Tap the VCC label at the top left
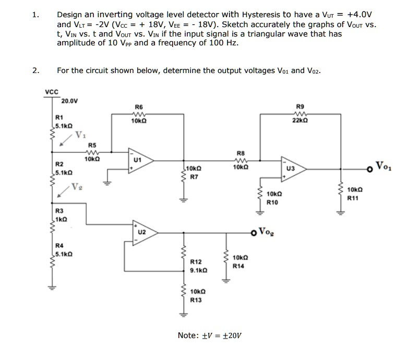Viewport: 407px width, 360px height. point(51,92)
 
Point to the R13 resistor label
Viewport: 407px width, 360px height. point(196,300)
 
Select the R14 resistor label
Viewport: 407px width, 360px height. point(238,266)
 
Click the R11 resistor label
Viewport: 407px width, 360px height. point(353,198)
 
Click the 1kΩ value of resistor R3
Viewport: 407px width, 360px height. point(61,218)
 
